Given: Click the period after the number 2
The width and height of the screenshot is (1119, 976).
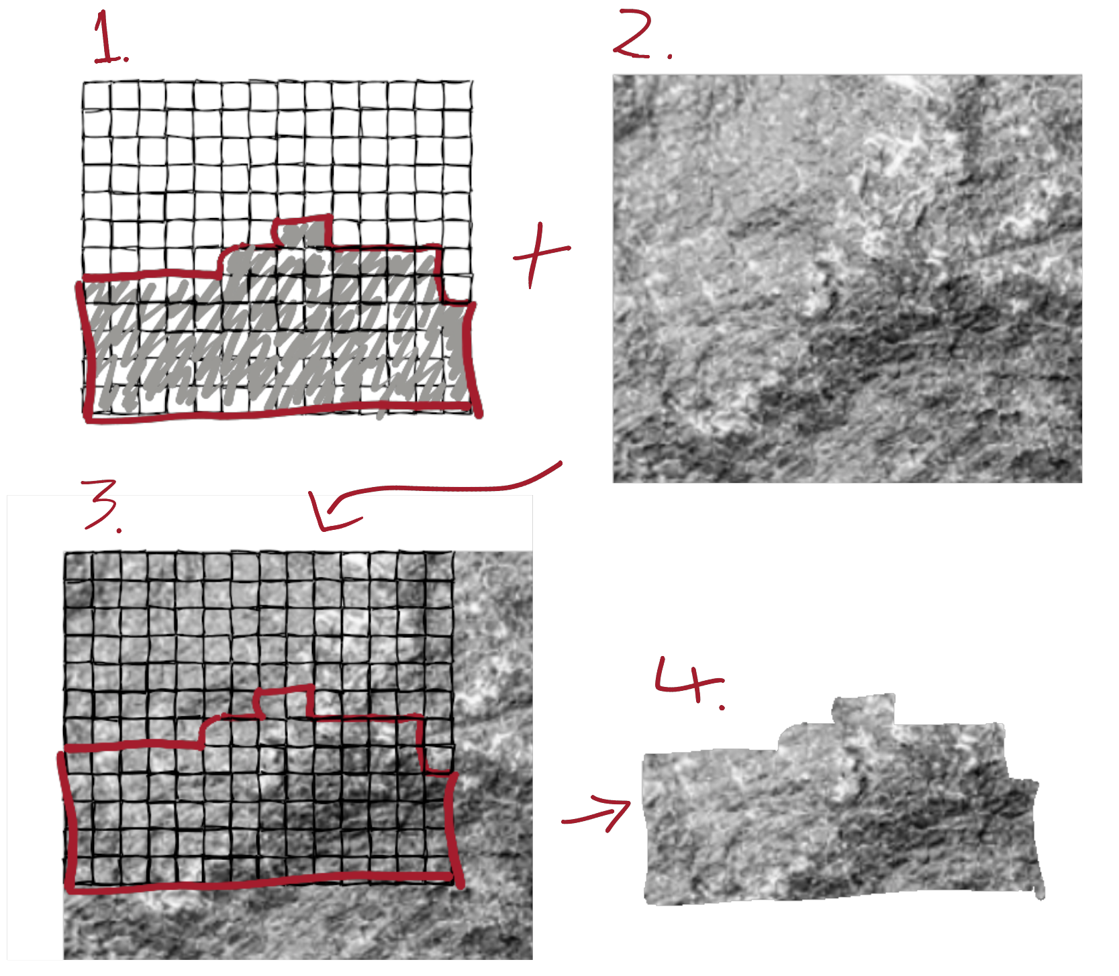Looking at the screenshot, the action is pyautogui.click(x=669, y=56).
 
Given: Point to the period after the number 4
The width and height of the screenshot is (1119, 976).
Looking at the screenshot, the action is pyautogui.click(x=721, y=706).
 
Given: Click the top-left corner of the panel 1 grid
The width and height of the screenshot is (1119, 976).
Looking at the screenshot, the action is pyautogui.click(x=83, y=83).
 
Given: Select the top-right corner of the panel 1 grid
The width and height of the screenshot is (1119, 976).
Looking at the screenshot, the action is pyautogui.click(x=471, y=82).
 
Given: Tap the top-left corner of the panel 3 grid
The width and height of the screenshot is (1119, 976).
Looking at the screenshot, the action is pyautogui.click(x=64, y=553).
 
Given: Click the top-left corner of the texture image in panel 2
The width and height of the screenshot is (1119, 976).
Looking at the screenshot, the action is pyautogui.click(x=614, y=75).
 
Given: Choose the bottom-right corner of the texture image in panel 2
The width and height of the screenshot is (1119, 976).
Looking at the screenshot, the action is pyautogui.click(x=1081, y=482).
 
